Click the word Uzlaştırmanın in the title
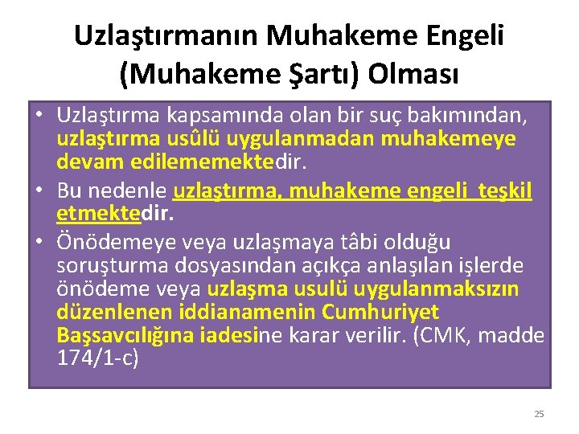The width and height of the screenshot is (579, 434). [x=166, y=35]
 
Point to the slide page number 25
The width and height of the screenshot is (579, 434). [x=539, y=414]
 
